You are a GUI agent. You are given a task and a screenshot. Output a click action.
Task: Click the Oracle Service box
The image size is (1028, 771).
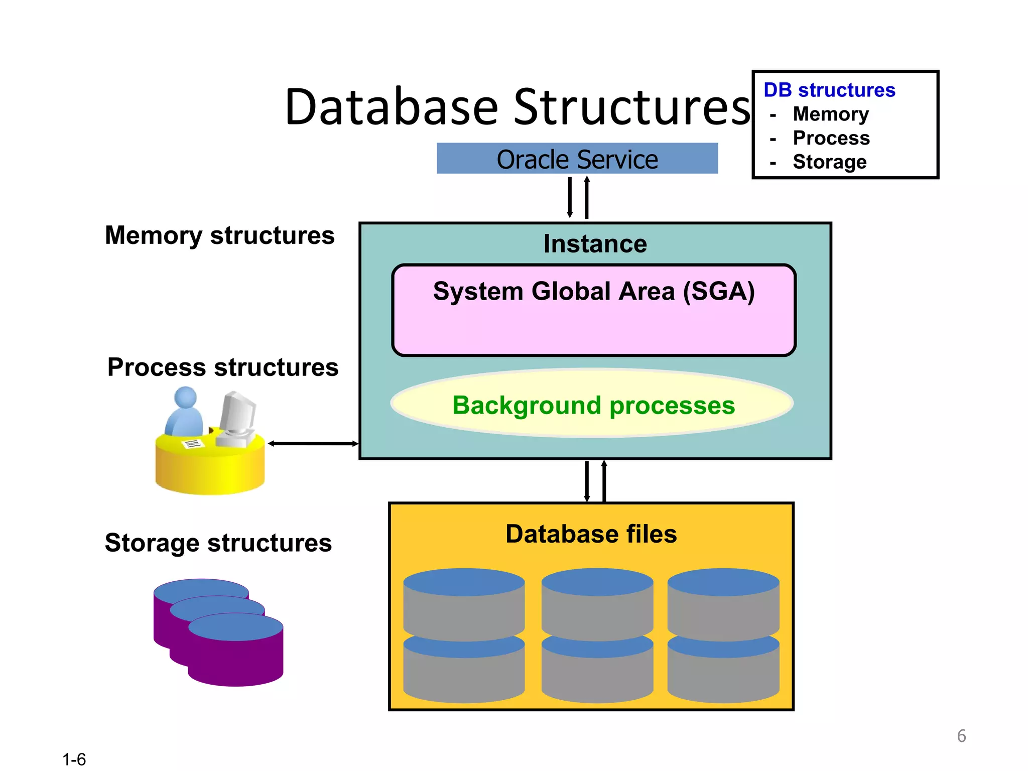click(x=577, y=159)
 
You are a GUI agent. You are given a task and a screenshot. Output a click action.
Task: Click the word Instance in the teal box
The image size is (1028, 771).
click(x=595, y=244)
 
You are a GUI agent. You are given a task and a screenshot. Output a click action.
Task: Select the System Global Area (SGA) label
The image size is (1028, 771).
click(x=594, y=292)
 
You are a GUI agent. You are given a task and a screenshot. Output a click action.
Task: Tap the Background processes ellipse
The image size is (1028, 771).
click(x=593, y=405)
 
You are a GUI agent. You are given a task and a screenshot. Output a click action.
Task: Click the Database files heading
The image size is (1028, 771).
click(x=591, y=534)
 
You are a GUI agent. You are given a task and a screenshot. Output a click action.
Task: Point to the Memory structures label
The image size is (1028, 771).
click(x=219, y=235)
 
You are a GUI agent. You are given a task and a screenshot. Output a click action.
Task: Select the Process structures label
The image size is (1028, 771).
click(x=223, y=367)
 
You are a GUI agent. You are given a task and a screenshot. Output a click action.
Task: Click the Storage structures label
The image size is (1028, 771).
click(x=218, y=543)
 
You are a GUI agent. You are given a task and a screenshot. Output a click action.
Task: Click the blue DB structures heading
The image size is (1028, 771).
click(x=829, y=90)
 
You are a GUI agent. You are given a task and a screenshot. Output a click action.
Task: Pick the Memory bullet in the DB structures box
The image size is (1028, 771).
click(x=830, y=114)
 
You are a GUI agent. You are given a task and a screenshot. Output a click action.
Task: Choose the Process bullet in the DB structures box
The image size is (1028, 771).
click(x=831, y=138)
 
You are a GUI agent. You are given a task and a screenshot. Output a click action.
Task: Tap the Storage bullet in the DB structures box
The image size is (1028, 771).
click(x=829, y=162)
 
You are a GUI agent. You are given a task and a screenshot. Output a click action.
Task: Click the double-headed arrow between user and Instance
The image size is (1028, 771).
click(x=313, y=443)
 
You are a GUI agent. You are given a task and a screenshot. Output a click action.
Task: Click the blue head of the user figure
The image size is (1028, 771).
click(x=185, y=397)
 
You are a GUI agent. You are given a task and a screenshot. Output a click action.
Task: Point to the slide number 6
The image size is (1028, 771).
click(x=961, y=736)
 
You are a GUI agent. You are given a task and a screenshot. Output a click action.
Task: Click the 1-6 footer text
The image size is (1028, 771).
click(x=74, y=759)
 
